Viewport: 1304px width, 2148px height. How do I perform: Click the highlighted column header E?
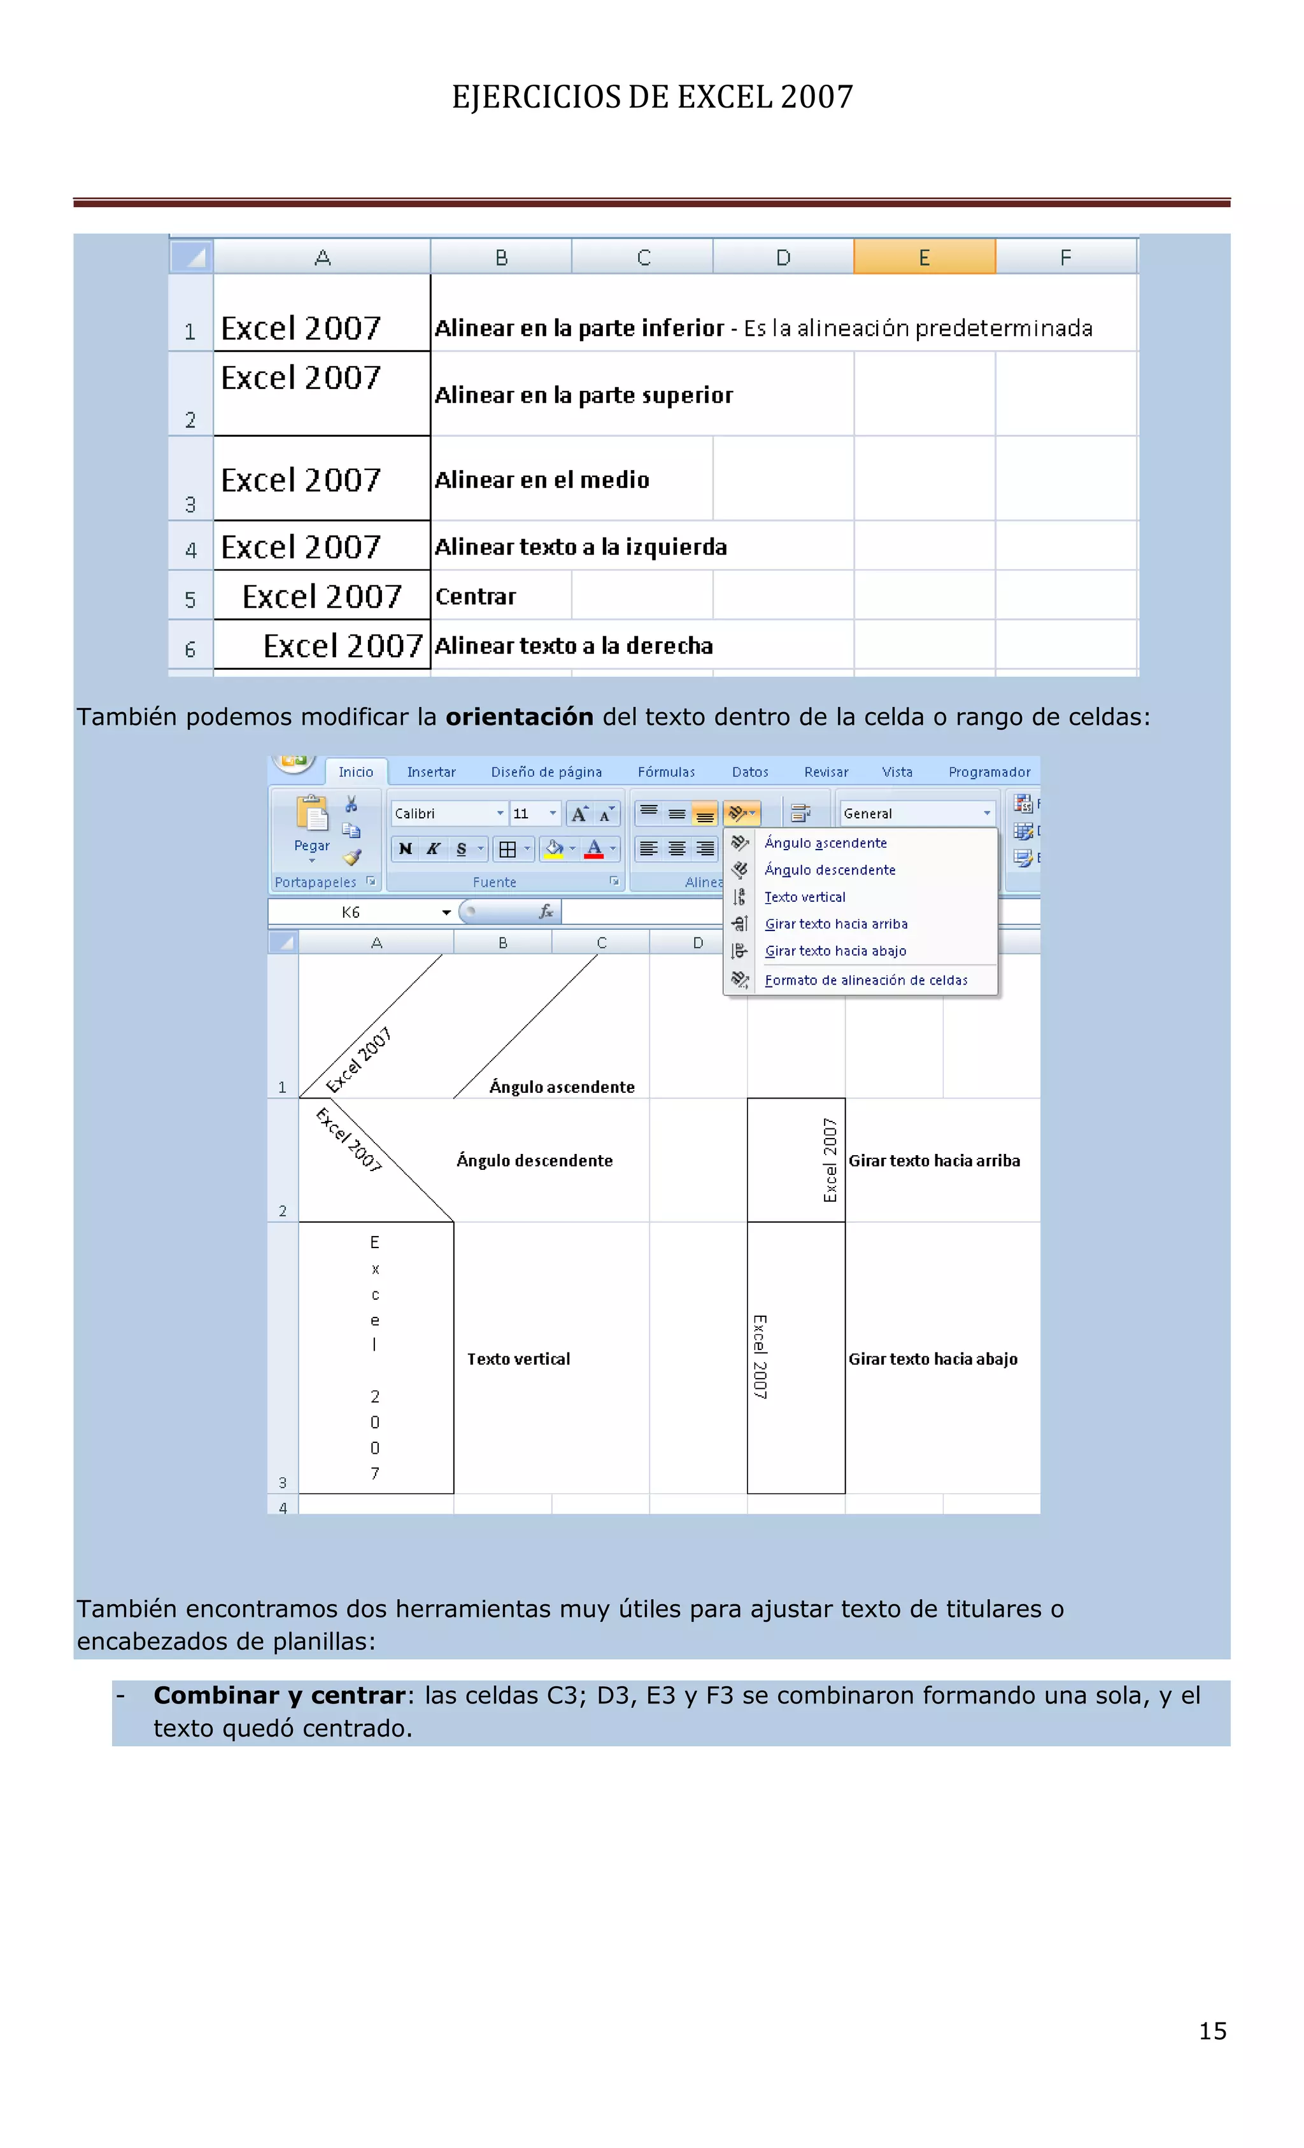click(x=924, y=257)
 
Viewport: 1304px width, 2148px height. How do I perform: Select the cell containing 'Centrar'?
click(x=476, y=596)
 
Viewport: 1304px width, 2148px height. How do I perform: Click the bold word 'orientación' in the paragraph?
click(x=519, y=716)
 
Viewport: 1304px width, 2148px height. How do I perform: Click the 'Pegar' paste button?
click(x=312, y=825)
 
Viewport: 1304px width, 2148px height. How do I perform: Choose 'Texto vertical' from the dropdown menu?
click(x=805, y=897)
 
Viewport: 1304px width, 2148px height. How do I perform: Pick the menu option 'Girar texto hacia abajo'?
click(x=835, y=951)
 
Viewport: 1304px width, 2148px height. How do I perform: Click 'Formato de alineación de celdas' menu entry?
click(x=865, y=981)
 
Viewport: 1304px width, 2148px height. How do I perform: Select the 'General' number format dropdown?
click(x=915, y=813)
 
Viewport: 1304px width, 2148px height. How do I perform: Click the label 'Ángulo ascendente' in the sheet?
click(x=562, y=1087)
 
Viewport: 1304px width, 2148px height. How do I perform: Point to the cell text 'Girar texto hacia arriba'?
click(x=933, y=1160)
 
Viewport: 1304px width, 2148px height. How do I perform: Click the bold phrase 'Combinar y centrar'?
click(x=279, y=1696)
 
